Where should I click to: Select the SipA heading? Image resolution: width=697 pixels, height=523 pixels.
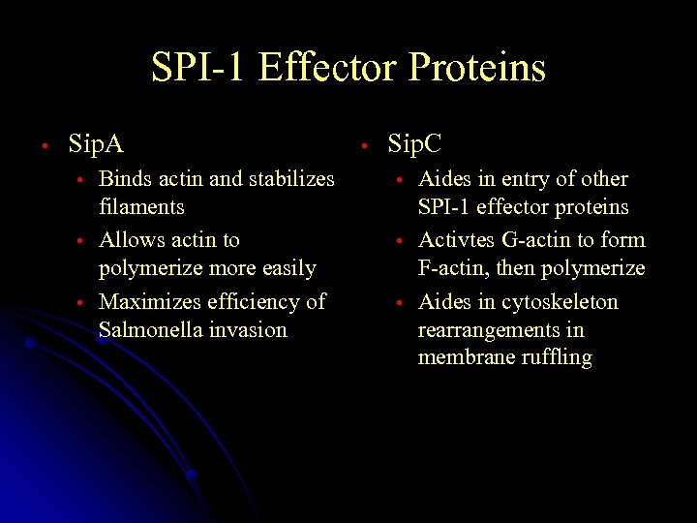96,145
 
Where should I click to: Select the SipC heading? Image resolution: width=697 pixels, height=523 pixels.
414,145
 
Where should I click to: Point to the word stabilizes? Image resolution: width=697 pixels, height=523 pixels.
291,179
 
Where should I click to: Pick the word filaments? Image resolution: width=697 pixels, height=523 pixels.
141,207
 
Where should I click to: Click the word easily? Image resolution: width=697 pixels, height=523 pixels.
288,268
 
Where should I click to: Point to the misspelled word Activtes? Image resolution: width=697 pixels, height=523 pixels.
455,240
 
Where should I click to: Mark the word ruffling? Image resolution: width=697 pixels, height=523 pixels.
557,358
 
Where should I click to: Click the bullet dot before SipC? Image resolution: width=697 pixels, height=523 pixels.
363,146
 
